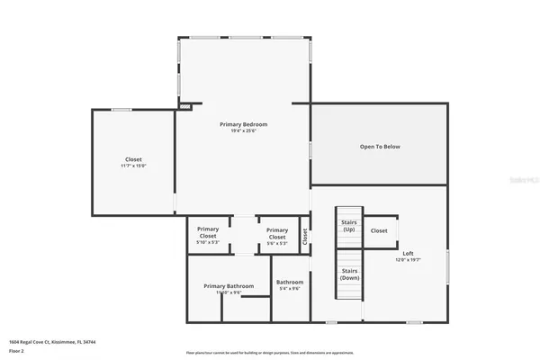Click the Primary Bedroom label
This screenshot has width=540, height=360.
tap(243, 124)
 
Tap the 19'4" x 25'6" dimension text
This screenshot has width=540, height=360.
tap(243, 131)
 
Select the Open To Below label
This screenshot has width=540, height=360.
tap(379, 146)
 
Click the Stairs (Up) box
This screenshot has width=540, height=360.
tap(349, 225)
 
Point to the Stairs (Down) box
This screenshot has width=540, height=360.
tap(349, 274)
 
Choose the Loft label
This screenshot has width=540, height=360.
tap(408, 253)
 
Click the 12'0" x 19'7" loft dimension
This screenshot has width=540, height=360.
tap(408, 260)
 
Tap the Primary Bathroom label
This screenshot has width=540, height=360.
tap(228, 286)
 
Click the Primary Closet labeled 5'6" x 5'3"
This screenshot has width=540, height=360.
tap(277, 236)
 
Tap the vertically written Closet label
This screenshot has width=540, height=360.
tap(305, 236)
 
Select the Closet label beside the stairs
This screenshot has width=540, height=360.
tap(379, 230)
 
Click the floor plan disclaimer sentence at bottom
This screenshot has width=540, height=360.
tap(269, 352)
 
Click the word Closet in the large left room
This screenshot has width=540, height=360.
tap(133, 159)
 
